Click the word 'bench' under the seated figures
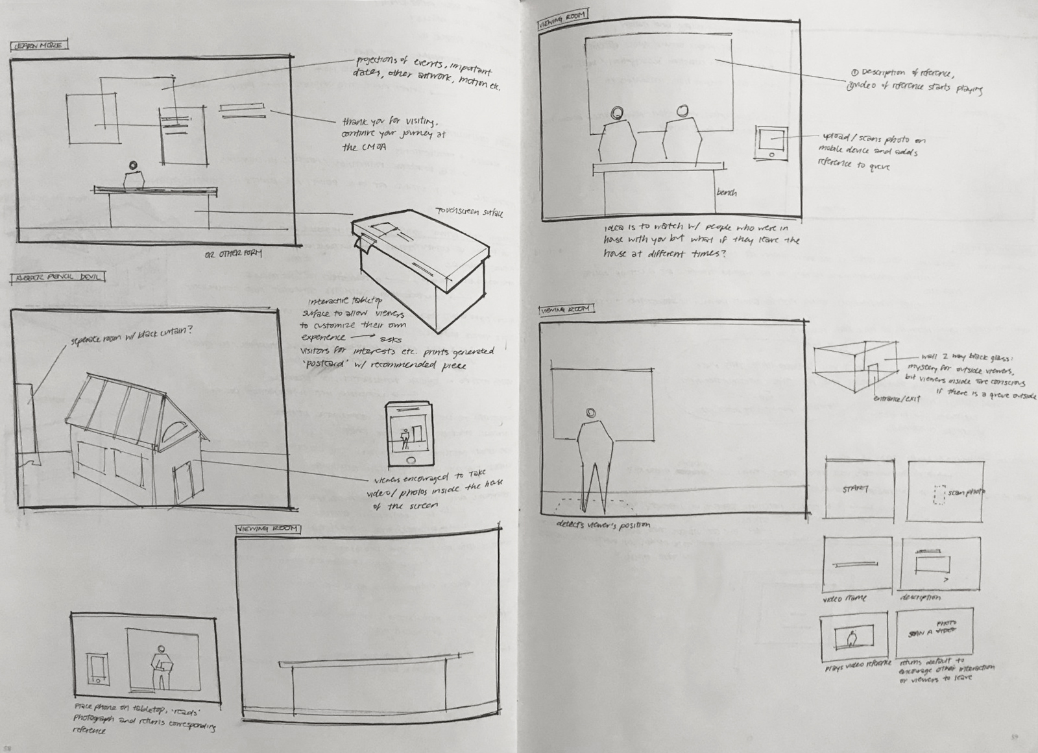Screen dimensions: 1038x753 click(x=726, y=192)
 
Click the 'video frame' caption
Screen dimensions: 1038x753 click(x=844, y=598)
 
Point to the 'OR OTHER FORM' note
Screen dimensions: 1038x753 click(x=233, y=253)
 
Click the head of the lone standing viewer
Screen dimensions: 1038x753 click(x=591, y=413)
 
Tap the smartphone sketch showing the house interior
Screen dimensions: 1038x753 click(x=409, y=433)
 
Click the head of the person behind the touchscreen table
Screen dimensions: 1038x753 click(x=134, y=166)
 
